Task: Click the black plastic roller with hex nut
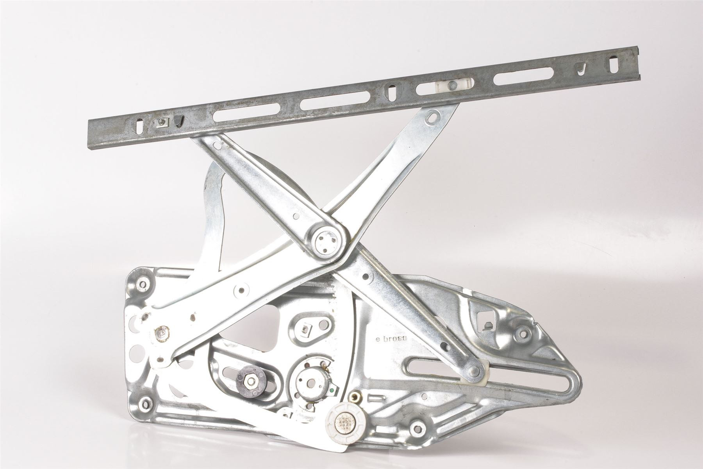[249, 378]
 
